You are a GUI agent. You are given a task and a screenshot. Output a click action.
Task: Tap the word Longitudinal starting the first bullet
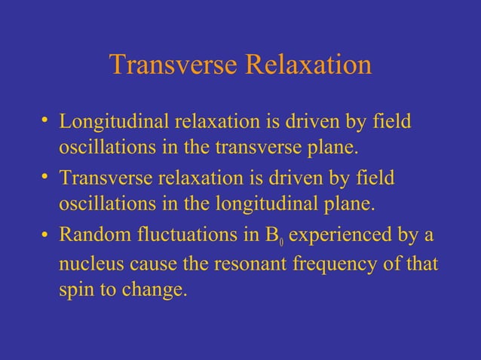115,121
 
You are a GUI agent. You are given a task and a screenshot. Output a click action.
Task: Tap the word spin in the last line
75,291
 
